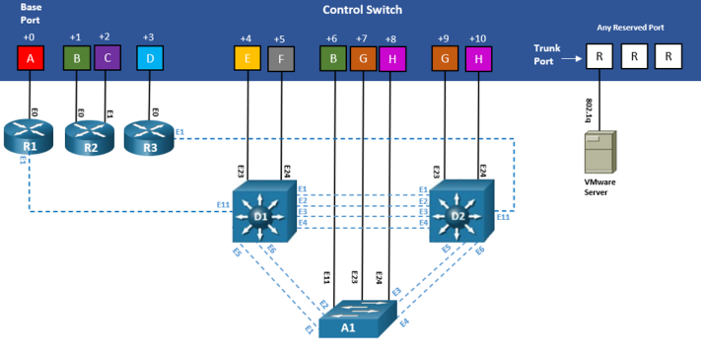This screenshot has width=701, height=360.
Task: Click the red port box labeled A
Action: tap(31, 58)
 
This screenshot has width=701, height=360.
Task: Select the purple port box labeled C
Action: tap(106, 58)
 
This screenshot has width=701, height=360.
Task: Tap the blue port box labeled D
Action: tap(149, 58)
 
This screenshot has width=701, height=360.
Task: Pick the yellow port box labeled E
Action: tap(246, 58)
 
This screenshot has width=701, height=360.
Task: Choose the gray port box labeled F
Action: tap(281, 58)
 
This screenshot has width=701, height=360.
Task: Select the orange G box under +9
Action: tap(446, 58)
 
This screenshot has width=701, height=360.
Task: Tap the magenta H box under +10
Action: tap(479, 58)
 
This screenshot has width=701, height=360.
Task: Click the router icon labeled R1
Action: tap(31, 138)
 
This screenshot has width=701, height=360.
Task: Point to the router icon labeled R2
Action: tap(90, 139)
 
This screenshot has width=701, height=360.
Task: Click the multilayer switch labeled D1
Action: tap(263, 212)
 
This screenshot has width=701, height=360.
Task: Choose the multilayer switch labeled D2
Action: tap(460, 212)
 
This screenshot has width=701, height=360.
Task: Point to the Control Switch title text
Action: tap(362, 10)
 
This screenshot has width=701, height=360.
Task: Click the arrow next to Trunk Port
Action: tap(573, 58)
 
